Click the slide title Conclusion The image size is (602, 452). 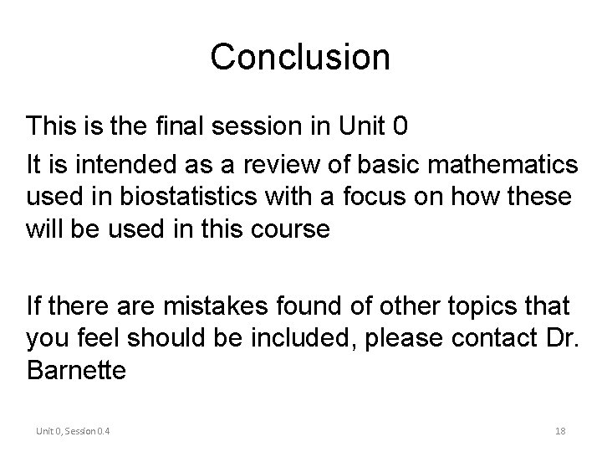[x=300, y=57]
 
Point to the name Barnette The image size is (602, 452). [x=77, y=370]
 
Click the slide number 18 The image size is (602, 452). [x=560, y=431]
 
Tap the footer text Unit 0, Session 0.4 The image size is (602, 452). [x=74, y=431]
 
